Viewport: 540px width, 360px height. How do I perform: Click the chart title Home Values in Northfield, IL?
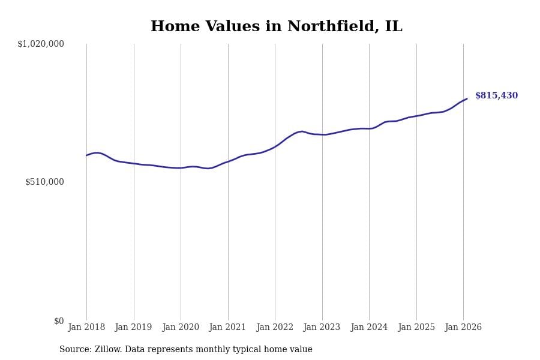pyautogui.click(x=276, y=27)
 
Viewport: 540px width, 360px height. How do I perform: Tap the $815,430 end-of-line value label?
pyautogui.click(x=496, y=96)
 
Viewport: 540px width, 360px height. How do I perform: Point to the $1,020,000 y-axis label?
pyautogui.click(x=41, y=44)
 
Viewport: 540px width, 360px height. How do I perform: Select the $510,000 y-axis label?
pyautogui.click(x=44, y=182)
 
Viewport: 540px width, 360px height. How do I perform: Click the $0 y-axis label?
pyautogui.click(x=59, y=321)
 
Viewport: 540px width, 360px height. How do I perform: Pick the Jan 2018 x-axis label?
pyautogui.click(x=86, y=328)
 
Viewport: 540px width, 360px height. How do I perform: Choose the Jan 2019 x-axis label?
pyautogui.click(x=134, y=328)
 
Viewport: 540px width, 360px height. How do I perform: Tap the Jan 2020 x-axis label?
pyautogui.click(x=181, y=328)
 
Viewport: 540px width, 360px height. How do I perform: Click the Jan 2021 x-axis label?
pyautogui.click(x=228, y=328)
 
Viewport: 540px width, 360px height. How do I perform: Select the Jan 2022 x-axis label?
pyautogui.click(x=275, y=328)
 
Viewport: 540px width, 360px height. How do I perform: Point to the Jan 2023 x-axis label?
pyautogui.click(x=322, y=328)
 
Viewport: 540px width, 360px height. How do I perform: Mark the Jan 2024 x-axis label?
pyautogui.click(x=369, y=328)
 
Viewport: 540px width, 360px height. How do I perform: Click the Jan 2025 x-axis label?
pyautogui.click(x=416, y=328)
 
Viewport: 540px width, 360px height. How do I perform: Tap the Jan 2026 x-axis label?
pyautogui.click(x=463, y=328)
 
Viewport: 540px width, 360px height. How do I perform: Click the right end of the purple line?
pyautogui.click(x=467, y=99)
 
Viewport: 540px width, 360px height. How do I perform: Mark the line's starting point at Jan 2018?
pyautogui.click(x=86, y=155)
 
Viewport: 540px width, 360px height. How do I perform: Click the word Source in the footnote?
pyautogui.click(x=74, y=350)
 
